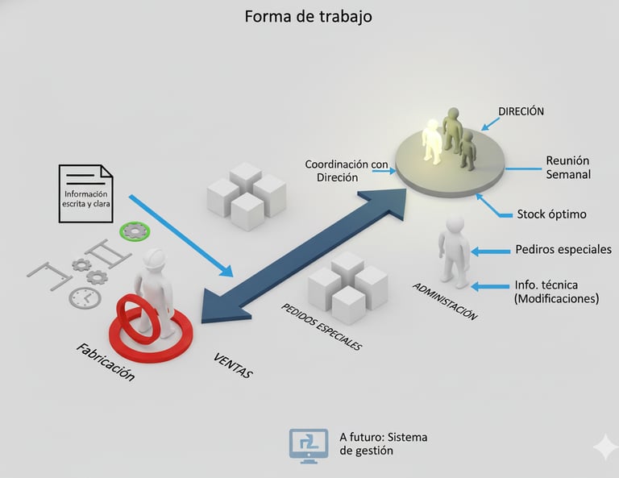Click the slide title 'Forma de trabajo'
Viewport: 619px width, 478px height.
(x=309, y=16)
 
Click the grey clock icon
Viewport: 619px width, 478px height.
(x=85, y=297)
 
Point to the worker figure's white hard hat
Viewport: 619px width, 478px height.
(x=156, y=257)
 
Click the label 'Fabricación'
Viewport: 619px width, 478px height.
(x=105, y=362)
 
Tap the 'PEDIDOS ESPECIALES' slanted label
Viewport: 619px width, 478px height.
(x=321, y=326)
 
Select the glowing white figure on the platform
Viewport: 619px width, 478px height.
(x=433, y=140)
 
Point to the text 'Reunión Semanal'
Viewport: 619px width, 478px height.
(x=568, y=167)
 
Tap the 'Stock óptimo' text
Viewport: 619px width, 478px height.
(x=551, y=214)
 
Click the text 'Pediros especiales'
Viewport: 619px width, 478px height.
(x=563, y=249)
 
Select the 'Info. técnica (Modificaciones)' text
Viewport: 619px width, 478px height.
(x=556, y=291)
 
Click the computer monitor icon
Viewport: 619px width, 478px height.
(x=309, y=444)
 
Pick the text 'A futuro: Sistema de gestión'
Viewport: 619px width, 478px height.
(x=383, y=443)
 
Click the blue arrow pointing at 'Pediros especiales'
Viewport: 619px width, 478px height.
(x=489, y=251)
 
